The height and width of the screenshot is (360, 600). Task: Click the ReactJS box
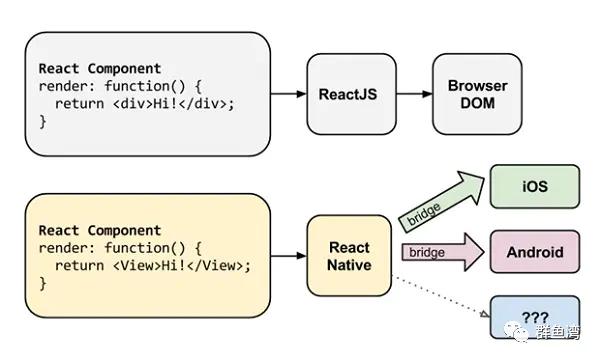click(346, 95)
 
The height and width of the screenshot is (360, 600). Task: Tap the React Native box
click(349, 256)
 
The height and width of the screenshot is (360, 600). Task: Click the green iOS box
click(534, 187)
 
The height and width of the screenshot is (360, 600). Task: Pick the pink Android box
click(534, 251)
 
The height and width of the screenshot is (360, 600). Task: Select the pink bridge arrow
click(440, 252)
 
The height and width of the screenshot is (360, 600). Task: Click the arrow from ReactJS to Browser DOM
click(409, 95)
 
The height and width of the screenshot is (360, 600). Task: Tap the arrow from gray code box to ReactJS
click(288, 95)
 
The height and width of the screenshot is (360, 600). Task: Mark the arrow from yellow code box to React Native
click(288, 257)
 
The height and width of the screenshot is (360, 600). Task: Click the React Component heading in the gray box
click(99, 69)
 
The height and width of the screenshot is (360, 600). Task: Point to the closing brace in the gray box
click(42, 120)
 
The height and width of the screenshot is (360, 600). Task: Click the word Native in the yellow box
click(349, 265)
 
